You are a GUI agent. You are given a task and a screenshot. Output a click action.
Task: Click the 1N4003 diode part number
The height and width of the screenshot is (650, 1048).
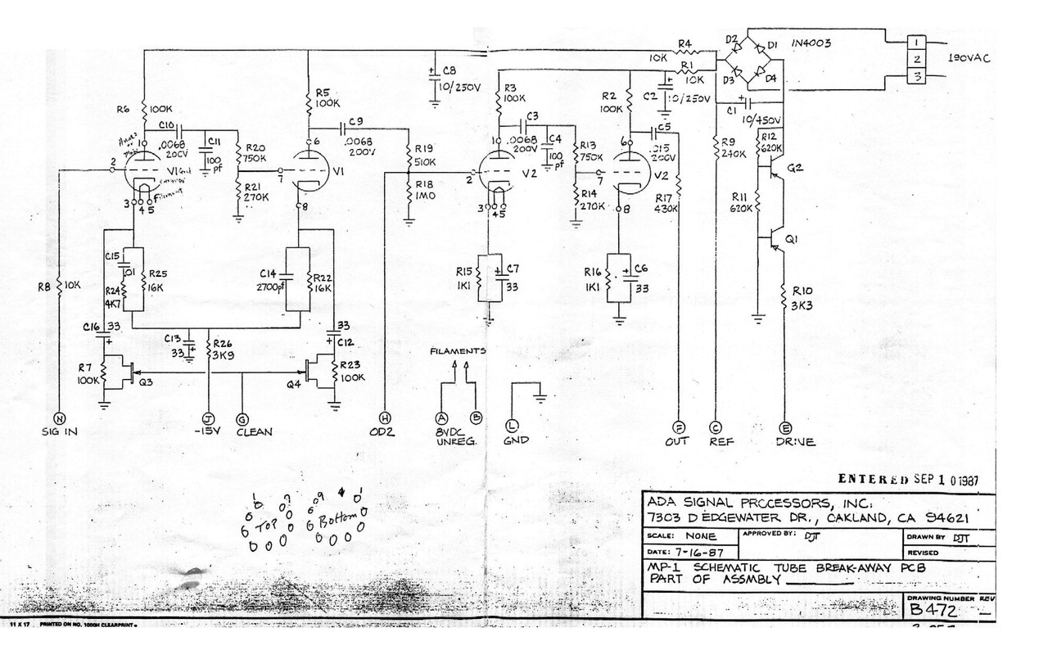point(812,43)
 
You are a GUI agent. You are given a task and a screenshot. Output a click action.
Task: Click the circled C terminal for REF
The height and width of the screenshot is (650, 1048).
point(716,427)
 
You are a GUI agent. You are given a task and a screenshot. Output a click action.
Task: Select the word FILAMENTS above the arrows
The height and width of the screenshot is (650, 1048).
point(458,351)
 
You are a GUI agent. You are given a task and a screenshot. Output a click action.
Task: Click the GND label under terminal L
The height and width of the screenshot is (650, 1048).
point(517,440)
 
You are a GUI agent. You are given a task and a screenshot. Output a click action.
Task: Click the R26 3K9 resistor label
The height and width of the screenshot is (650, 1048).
point(224,350)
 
